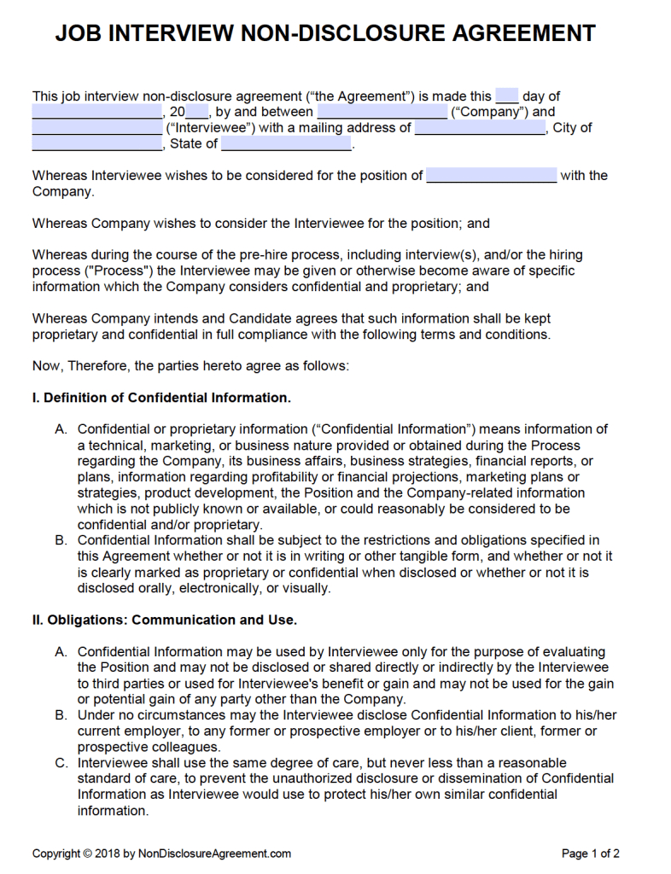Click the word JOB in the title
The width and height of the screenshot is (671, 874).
pyautogui.click(x=79, y=33)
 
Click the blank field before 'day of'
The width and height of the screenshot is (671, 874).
pyautogui.click(x=507, y=96)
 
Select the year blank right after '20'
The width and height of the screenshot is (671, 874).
pyautogui.click(x=197, y=112)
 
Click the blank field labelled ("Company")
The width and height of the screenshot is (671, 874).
pyautogui.click(x=382, y=112)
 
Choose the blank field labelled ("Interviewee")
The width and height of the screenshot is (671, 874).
pyautogui.click(x=96, y=128)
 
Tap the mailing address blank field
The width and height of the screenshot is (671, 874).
pyautogui.click(x=480, y=128)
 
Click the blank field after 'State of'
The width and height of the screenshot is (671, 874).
pyautogui.click(x=286, y=144)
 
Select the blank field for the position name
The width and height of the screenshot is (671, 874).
pyautogui.click(x=491, y=176)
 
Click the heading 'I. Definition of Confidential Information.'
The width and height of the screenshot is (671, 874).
pyautogui.click(x=161, y=398)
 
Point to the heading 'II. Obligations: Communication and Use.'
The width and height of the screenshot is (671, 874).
pyautogui.click(x=165, y=620)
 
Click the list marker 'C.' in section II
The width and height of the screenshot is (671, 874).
pyautogui.click(x=61, y=763)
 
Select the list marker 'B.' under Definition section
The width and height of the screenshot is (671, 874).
pyautogui.click(x=61, y=540)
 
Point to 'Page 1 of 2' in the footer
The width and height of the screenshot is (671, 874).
pyautogui.click(x=590, y=853)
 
